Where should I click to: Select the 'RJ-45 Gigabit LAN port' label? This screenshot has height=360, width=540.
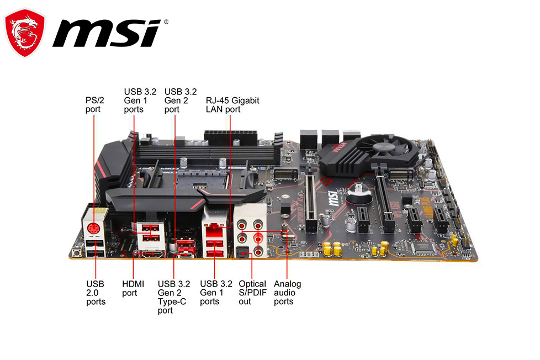[x=232, y=105]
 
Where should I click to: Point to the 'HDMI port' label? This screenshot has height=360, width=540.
[x=133, y=288]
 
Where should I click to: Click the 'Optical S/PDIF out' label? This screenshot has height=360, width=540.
[x=252, y=293]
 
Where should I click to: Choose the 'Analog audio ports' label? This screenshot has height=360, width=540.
[x=287, y=293]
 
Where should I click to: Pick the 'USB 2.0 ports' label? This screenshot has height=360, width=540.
[x=96, y=293]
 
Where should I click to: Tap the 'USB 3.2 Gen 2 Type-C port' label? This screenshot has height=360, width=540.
[x=173, y=297]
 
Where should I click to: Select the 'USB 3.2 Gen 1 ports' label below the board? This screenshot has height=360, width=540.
[x=216, y=293]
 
